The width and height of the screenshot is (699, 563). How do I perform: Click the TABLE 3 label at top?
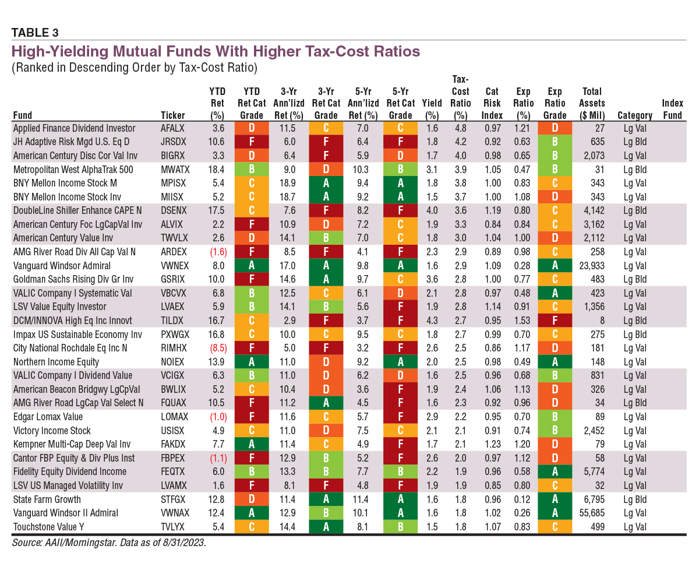pos(35,32)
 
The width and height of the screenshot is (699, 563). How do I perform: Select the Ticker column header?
pos(173,115)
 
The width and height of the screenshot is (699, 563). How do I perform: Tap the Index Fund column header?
pos(672,109)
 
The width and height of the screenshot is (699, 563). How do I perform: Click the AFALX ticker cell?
pos(174,128)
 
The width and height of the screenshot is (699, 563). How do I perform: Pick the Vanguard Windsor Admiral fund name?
pos(62,265)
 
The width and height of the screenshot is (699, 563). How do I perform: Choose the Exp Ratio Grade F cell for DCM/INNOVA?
pos(555,321)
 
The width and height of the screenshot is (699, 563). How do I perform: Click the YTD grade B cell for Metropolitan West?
pos(252,170)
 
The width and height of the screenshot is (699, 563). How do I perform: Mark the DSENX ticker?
pos(174,210)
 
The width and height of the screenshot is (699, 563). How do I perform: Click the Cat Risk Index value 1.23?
pos(492,444)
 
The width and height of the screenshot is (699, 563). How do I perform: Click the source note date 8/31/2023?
pos(184,542)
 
